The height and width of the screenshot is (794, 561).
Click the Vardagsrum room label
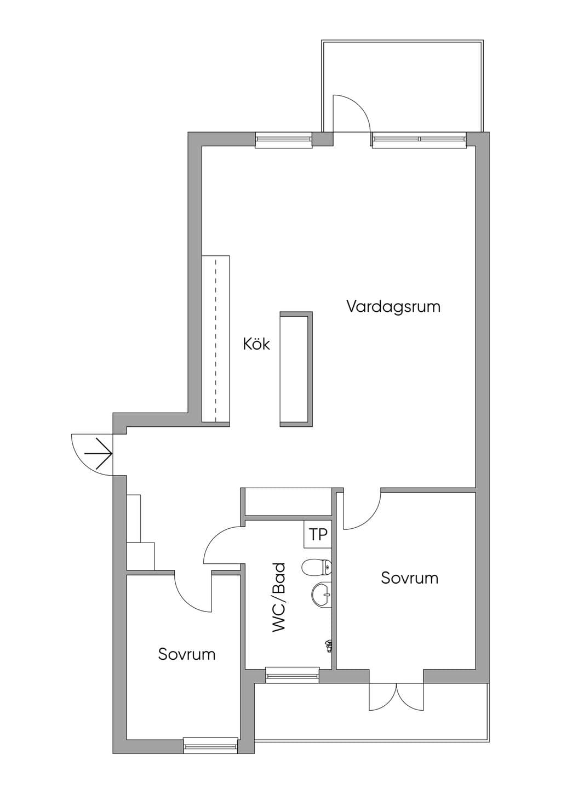pyautogui.click(x=393, y=307)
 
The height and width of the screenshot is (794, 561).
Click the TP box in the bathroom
pyautogui.click(x=318, y=534)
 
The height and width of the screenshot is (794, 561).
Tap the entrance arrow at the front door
pyautogui.click(x=99, y=454)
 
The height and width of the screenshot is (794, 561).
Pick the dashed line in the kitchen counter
pyautogui.click(x=216, y=341)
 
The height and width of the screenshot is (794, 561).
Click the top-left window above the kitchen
pyautogui.click(x=284, y=140)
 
